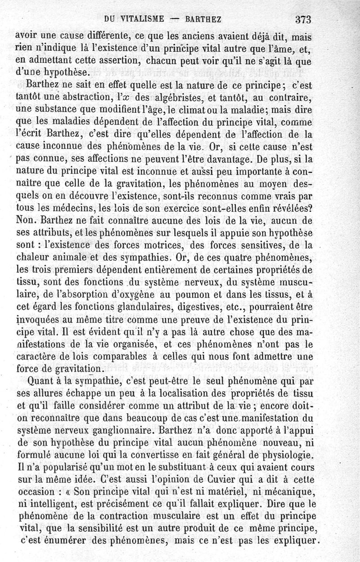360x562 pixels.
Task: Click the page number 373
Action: [304, 19]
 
